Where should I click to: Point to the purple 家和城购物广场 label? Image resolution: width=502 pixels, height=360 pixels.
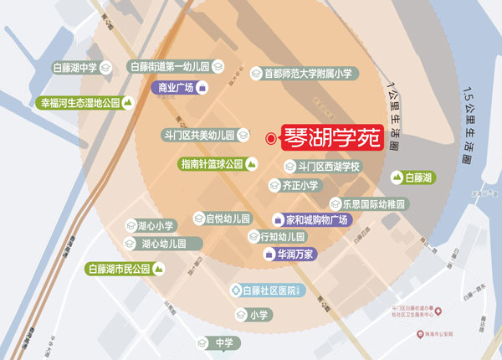click(315, 220)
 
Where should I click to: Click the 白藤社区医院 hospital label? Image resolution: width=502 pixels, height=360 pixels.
click(270, 291)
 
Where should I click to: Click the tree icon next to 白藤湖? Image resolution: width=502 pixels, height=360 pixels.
click(397, 177)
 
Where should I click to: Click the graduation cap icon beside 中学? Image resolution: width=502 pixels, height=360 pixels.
click(202, 343)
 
